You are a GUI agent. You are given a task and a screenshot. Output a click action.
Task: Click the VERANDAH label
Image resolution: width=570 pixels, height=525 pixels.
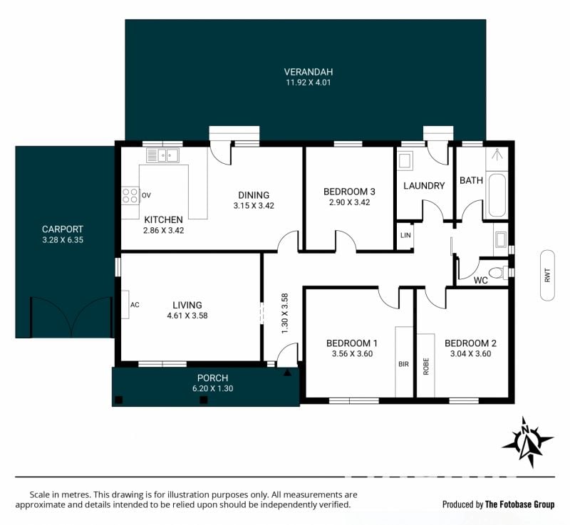tap(309, 72)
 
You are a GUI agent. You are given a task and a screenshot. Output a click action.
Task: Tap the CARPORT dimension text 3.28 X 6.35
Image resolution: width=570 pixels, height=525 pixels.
tap(63, 240)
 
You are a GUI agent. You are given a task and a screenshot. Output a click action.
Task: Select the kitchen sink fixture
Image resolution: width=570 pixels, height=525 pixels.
tap(162, 155)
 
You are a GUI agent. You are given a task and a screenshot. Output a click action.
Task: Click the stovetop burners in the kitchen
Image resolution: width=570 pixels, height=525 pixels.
tap(130, 195)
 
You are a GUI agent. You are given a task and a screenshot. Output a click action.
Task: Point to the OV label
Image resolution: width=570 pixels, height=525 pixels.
tap(146, 195)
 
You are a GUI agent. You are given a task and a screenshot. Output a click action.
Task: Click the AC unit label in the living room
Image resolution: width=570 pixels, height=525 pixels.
tap(135, 305)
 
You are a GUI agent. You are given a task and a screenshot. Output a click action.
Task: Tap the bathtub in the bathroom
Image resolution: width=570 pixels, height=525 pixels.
tap(497, 195)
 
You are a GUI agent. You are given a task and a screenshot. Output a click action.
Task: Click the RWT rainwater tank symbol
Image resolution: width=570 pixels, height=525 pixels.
tap(547, 275)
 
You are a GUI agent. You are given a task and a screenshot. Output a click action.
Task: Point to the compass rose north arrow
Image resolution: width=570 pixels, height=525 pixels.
tap(528, 442)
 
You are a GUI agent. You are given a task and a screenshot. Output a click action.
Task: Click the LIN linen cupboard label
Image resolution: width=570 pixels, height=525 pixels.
tap(405, 236)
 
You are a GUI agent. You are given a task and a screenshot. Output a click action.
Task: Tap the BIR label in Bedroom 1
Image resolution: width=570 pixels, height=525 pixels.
tap(403, 364)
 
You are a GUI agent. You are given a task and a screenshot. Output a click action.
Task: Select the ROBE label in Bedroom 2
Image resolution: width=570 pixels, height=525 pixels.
tap(426, 366)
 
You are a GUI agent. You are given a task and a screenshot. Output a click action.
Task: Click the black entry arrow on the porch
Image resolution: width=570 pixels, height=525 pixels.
tap(287, 373)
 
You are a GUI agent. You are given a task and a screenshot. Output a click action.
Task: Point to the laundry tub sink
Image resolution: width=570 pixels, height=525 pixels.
tap(405, 160)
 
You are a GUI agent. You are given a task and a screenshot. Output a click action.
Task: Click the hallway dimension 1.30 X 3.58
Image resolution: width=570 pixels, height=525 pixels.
tap(284, 313)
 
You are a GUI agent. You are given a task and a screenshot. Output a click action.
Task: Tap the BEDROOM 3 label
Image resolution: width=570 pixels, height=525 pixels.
tap(349, 192)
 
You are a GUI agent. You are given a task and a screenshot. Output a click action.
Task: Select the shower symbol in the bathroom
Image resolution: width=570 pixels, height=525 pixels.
tap(497, 155)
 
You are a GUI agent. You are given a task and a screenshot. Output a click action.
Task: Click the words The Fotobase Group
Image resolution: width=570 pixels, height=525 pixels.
tap(520, 504)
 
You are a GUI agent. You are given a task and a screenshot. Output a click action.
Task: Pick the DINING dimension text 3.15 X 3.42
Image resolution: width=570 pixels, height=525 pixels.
tap(254, 206)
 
